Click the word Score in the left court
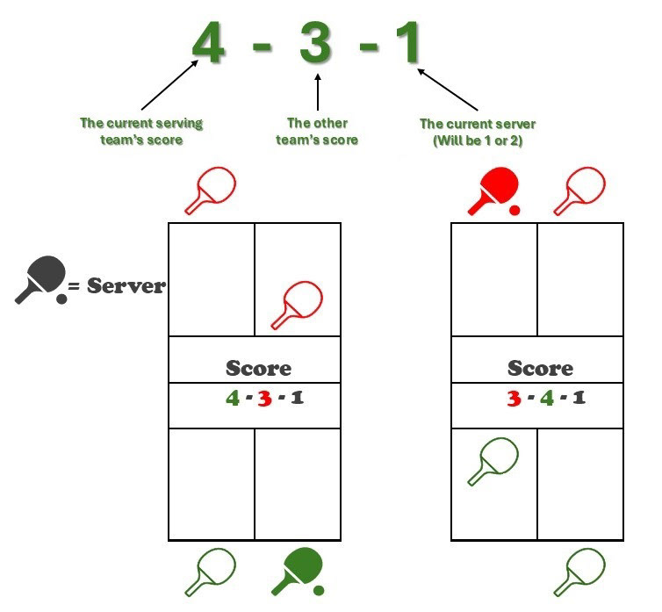[x=258, y=368]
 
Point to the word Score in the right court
[x=540, y=368]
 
